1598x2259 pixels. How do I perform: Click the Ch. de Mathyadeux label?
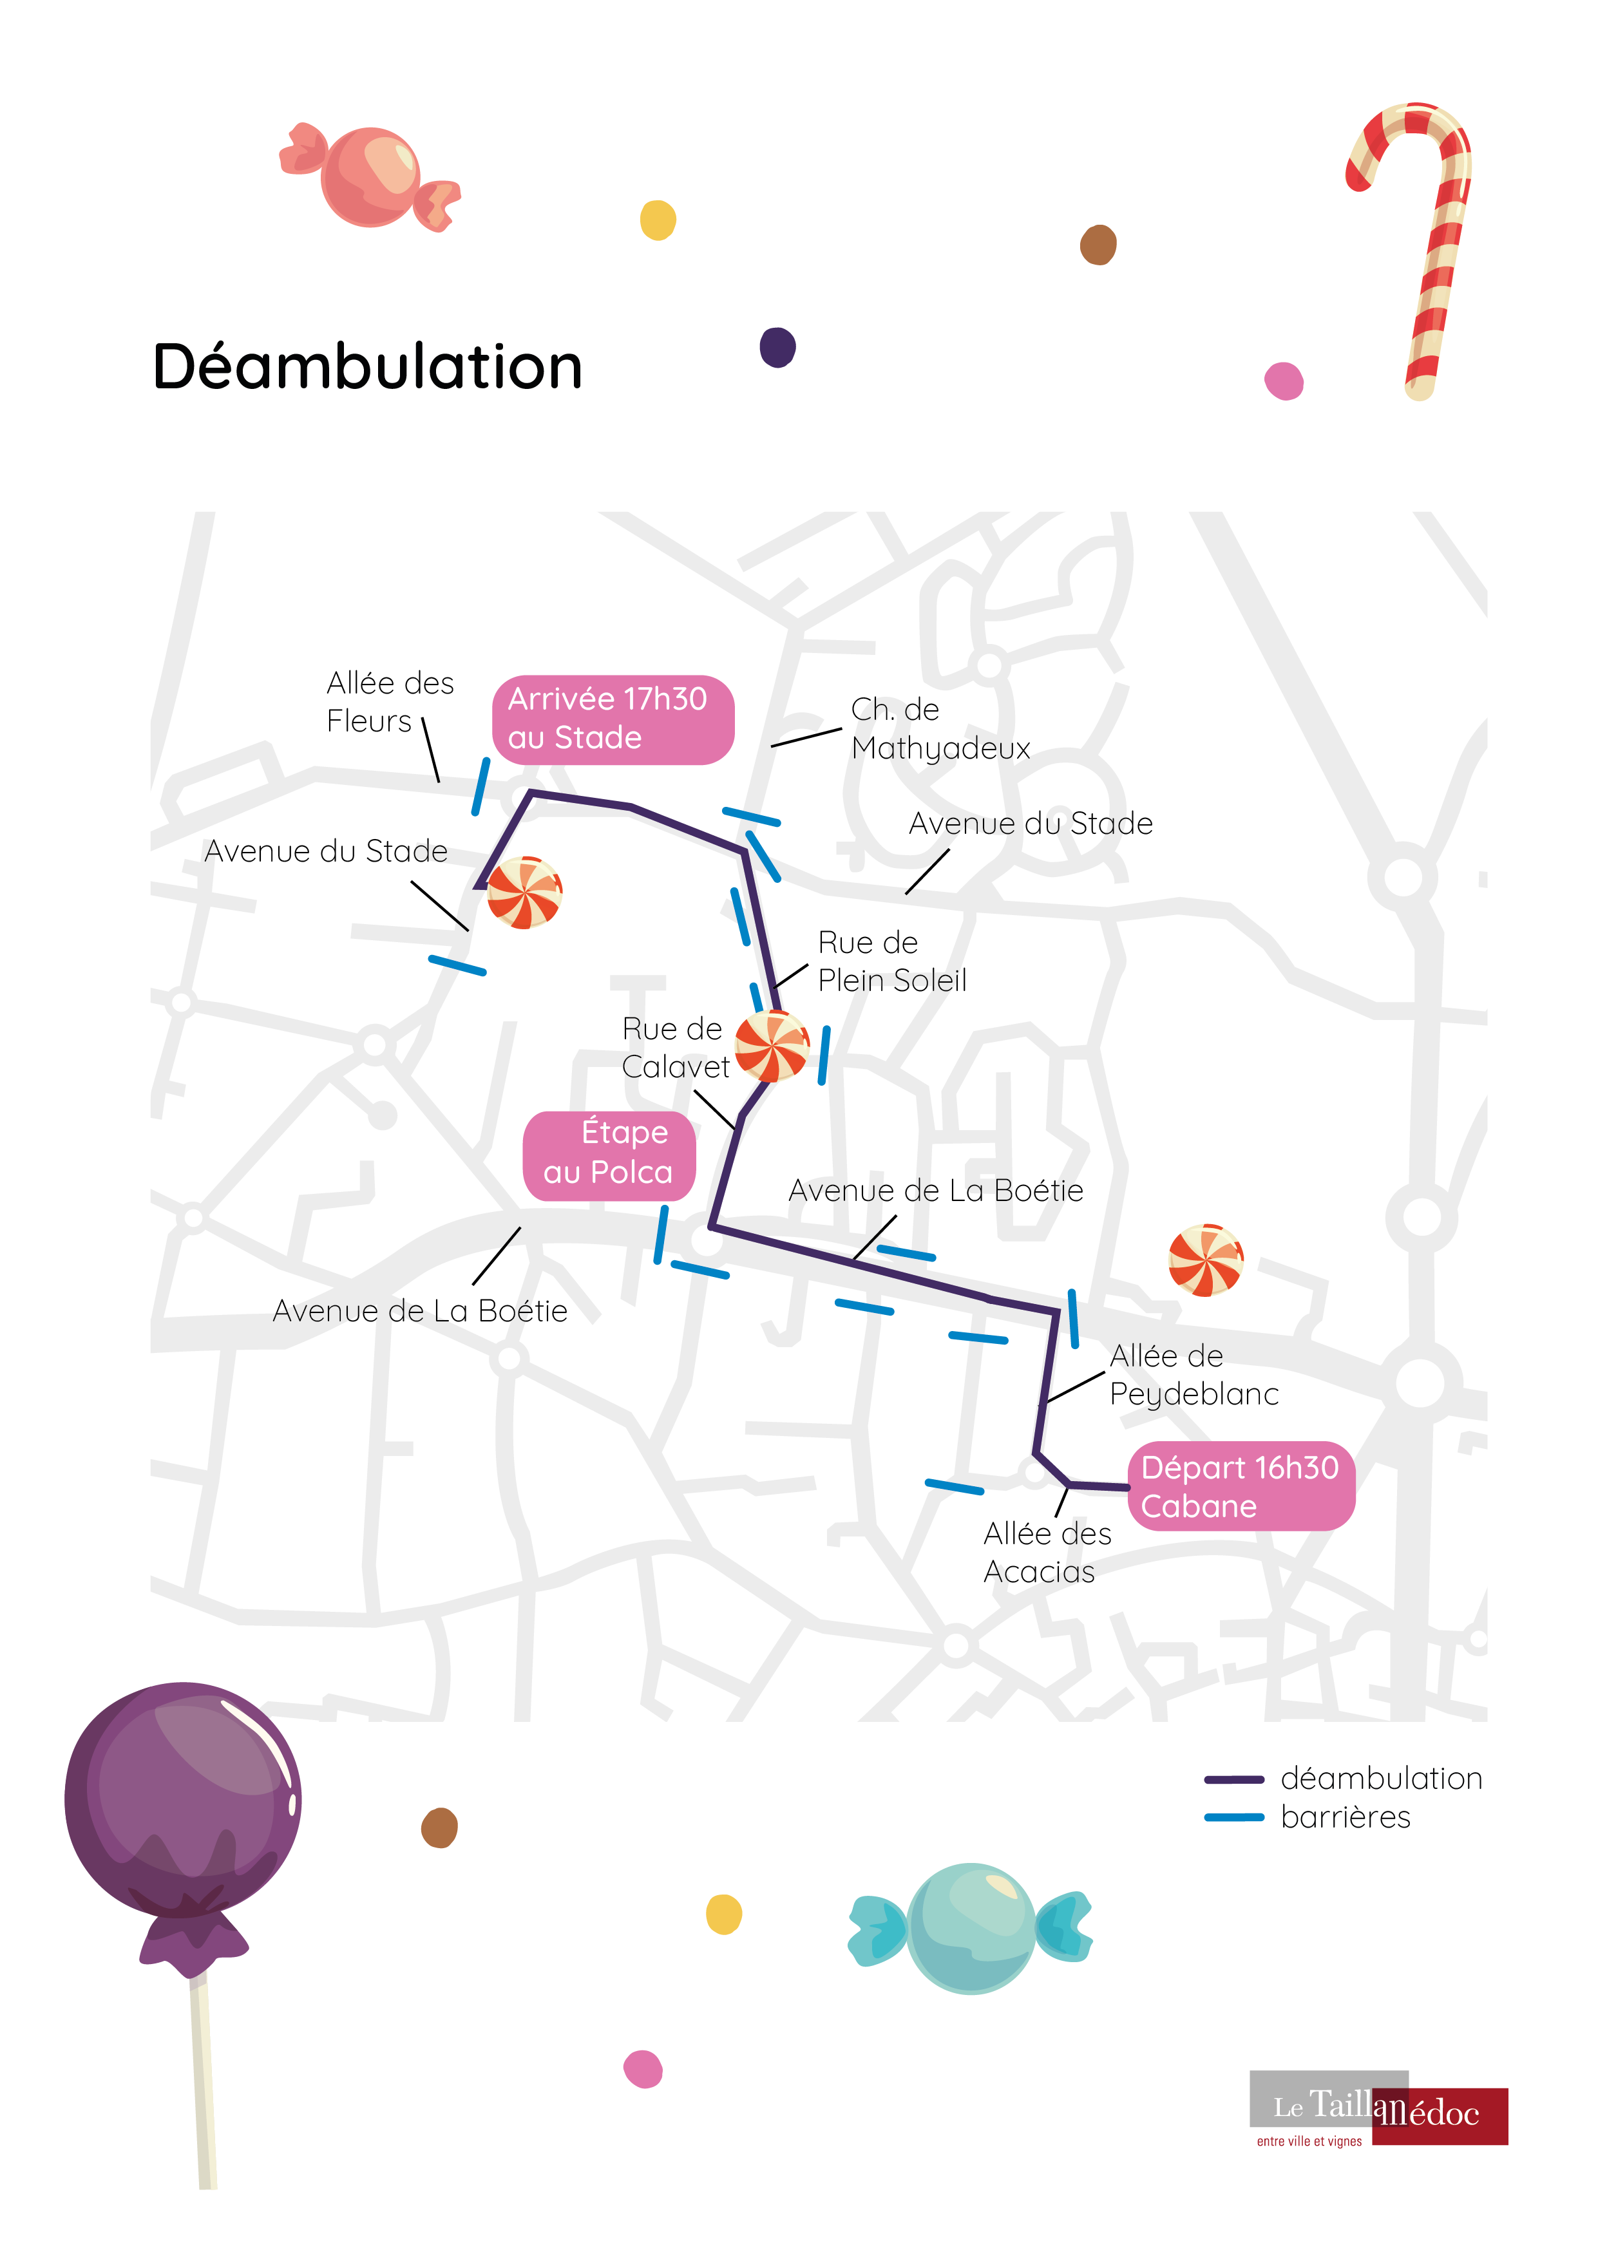[x=938, y=729]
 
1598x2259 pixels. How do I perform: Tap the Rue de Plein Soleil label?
[x=891, y=961]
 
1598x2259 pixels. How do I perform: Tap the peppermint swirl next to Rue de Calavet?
[x=772, y=1045]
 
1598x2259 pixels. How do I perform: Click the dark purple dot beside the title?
[x=777, y=347]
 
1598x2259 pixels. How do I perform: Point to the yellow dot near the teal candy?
[x=723, y=1914]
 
